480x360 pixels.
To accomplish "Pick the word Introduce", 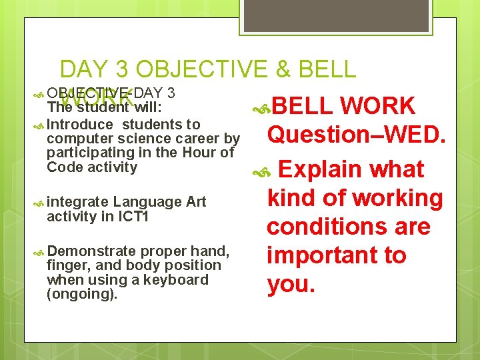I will [81, 125].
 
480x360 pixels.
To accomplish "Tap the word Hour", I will [203, 153].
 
